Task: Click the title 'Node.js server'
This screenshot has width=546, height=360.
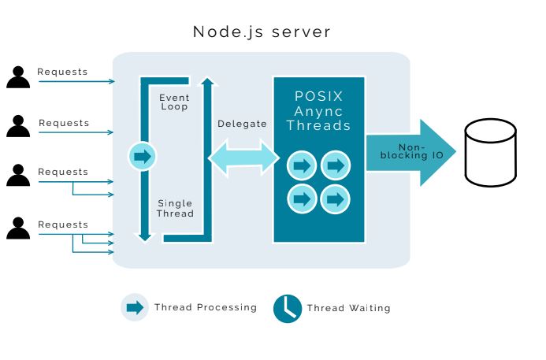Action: pyautogui.click(x=262, y=32)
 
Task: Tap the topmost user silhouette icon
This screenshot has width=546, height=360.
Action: pyautogui.click(x=18, y=76)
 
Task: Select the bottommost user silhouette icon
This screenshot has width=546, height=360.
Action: pyautogui.click(x=18, y=228)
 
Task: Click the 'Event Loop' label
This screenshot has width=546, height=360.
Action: pyautogui.click(x=174, y=102)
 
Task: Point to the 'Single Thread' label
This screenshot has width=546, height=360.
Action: pyautogui.click(x=175, y=208)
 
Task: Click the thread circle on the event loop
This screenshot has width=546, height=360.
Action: pyautogui.click(x=143, y=157)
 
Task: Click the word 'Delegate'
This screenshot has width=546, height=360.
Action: pyautogui.click(x=242, y=124)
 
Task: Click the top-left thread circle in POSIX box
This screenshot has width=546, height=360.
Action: pyautogui.click(x=301, y=165)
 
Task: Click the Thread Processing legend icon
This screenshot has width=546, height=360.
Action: pyautogui.click(x=135, y=307)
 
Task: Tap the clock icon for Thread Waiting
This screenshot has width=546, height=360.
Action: pyautogui.click(x=288, y=308)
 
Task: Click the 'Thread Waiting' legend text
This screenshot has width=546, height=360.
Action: pyautogui.click(x=348, y=308)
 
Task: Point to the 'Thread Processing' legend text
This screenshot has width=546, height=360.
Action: pyautogui.click(x=205, y=307)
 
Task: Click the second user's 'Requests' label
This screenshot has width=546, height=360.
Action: pyautogui.click(x=64, y=123)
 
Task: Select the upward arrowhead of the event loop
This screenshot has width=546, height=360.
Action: pyautogui.click(x=207, y=82)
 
